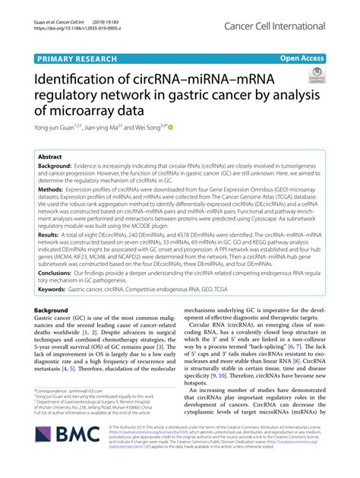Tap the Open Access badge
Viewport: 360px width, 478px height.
point(302,58)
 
